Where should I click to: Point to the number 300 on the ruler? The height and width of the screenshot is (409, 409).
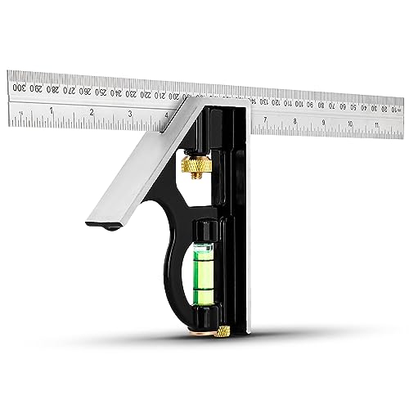(17, 84)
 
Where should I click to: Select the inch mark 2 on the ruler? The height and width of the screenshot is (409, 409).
(91, 113)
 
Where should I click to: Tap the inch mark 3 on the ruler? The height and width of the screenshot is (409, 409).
(130, 115)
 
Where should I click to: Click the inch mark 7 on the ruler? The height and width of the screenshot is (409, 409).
(265, 120)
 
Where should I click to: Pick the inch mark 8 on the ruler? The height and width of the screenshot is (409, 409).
(294, 122)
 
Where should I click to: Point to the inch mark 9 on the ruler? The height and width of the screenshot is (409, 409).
(323, 124)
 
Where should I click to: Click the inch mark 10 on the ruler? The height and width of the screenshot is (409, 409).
(351, 125)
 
